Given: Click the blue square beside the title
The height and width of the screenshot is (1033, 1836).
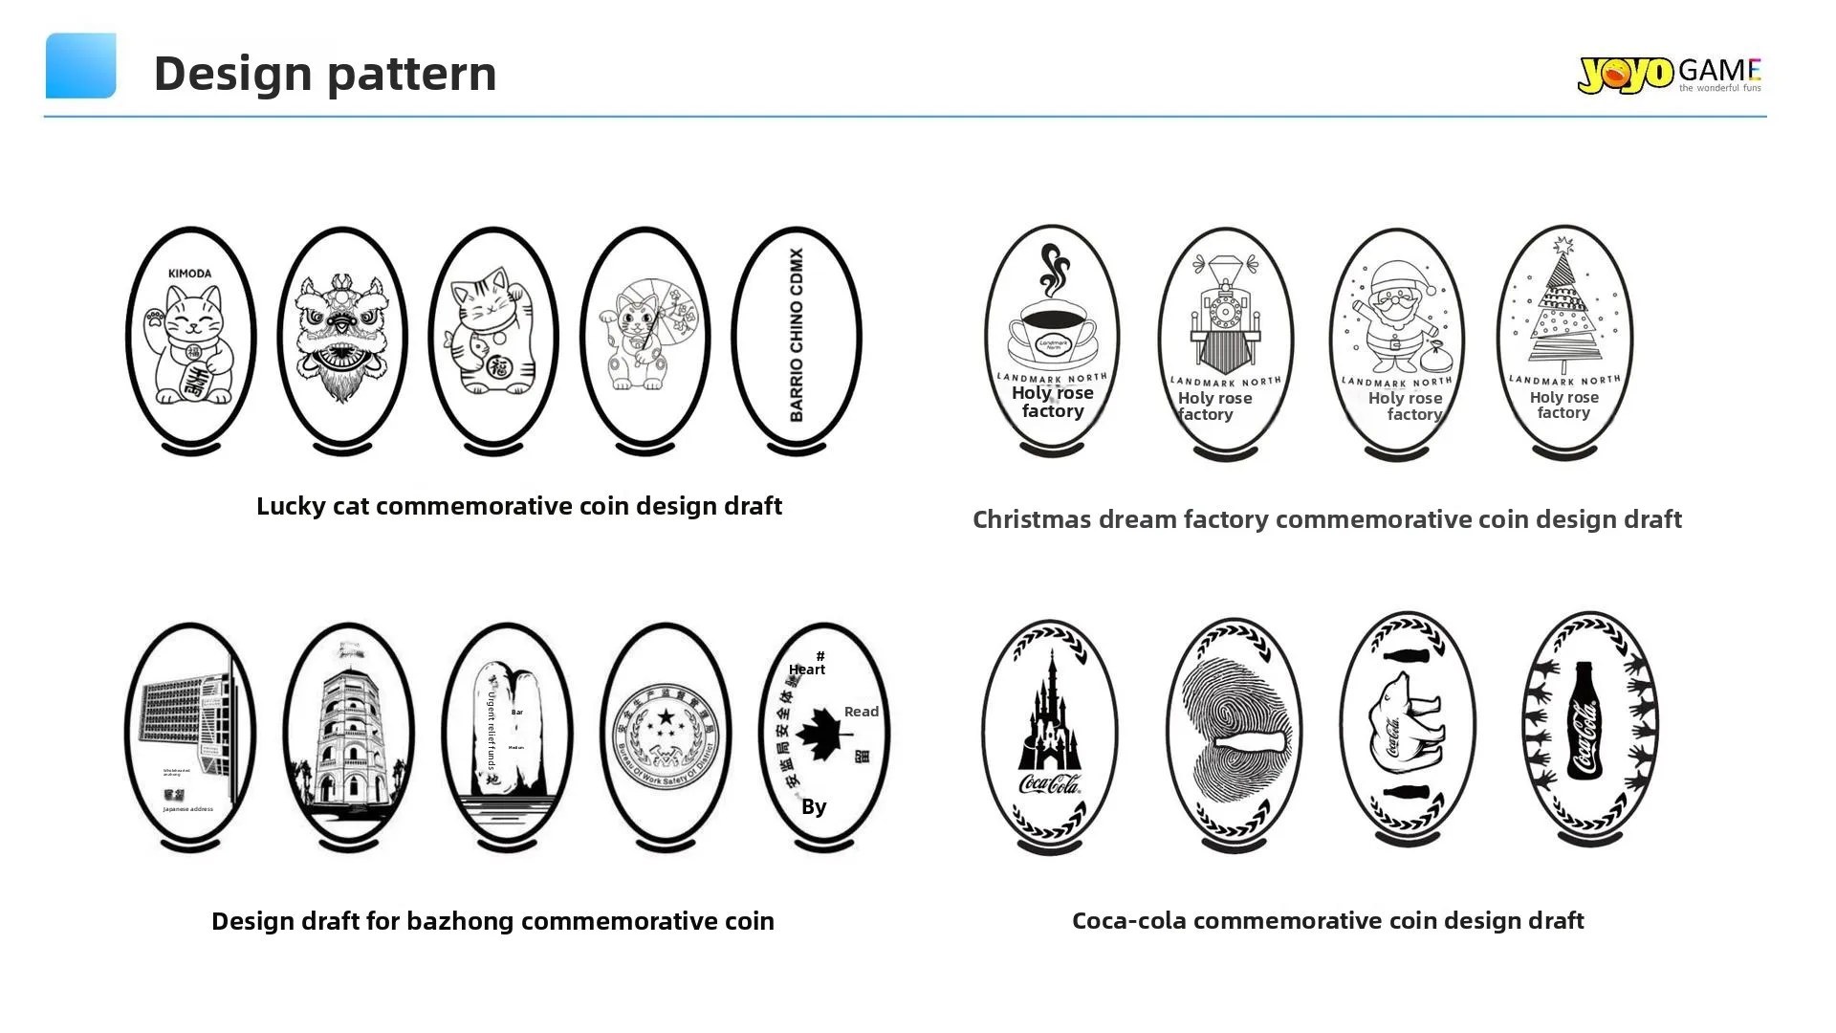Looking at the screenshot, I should (81, 66).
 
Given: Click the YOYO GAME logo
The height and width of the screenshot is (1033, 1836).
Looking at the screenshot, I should (1669, 74).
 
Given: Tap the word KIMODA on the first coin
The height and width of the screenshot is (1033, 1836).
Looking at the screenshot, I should (189, 274).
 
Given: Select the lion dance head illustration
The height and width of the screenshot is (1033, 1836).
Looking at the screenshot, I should (342, 335).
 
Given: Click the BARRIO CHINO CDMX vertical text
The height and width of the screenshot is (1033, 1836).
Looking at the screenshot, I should (797, 335).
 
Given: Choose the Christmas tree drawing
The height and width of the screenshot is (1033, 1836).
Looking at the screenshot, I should (1563, 306).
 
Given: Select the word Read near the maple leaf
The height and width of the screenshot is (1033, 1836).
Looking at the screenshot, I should (861, 712).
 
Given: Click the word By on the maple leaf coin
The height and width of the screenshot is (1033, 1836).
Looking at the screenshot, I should (814, 806).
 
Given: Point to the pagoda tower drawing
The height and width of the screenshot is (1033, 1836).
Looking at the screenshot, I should (348, 736).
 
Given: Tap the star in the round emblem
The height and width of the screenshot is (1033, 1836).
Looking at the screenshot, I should (666, 717).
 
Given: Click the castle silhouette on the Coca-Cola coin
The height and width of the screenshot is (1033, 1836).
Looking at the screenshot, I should (1049, 713).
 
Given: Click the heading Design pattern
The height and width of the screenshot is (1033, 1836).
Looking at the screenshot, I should (325, 73).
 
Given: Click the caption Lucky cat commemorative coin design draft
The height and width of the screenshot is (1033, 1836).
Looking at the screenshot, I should (519, 506).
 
